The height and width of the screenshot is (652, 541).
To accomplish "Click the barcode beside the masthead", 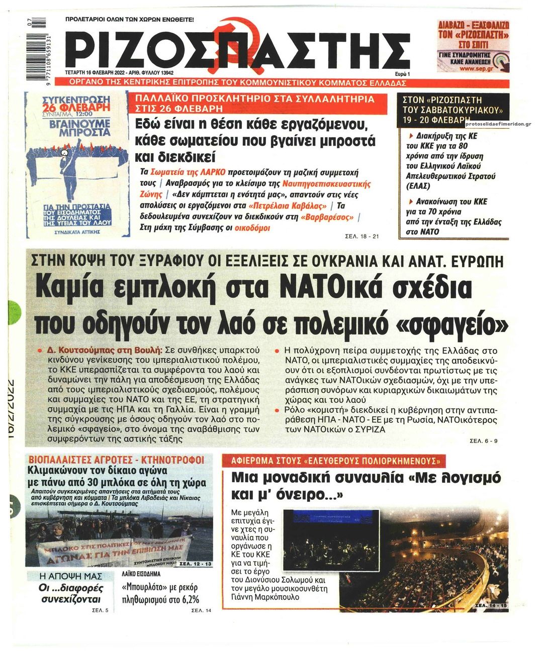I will pos(41,45).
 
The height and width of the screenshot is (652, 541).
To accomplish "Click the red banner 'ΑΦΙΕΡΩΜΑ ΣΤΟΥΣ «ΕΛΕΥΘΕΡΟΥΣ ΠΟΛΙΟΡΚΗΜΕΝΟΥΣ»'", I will pos(335,461).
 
